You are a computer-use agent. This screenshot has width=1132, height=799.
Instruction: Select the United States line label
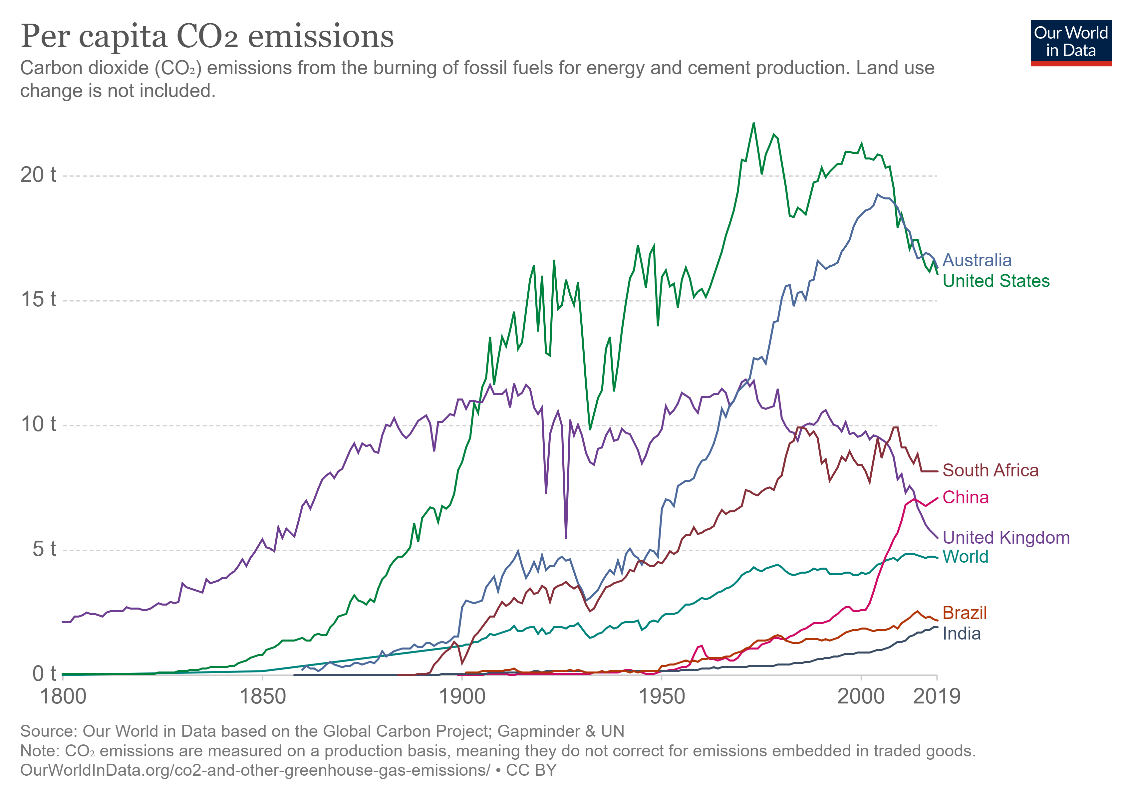(x=995, y=281)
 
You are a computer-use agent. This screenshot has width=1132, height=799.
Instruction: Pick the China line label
(x=965, y=497)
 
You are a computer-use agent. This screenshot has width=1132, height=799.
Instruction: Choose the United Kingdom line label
(x=1006, y=537)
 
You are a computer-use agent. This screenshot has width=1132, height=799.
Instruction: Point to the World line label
(x=965, y=557)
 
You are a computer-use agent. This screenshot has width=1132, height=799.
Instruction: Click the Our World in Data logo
(x=1070, y=42)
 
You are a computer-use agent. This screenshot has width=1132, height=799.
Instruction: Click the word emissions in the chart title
(x=321, y=37)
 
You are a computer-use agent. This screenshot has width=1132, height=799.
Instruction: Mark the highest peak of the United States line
(x=753, y=123)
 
